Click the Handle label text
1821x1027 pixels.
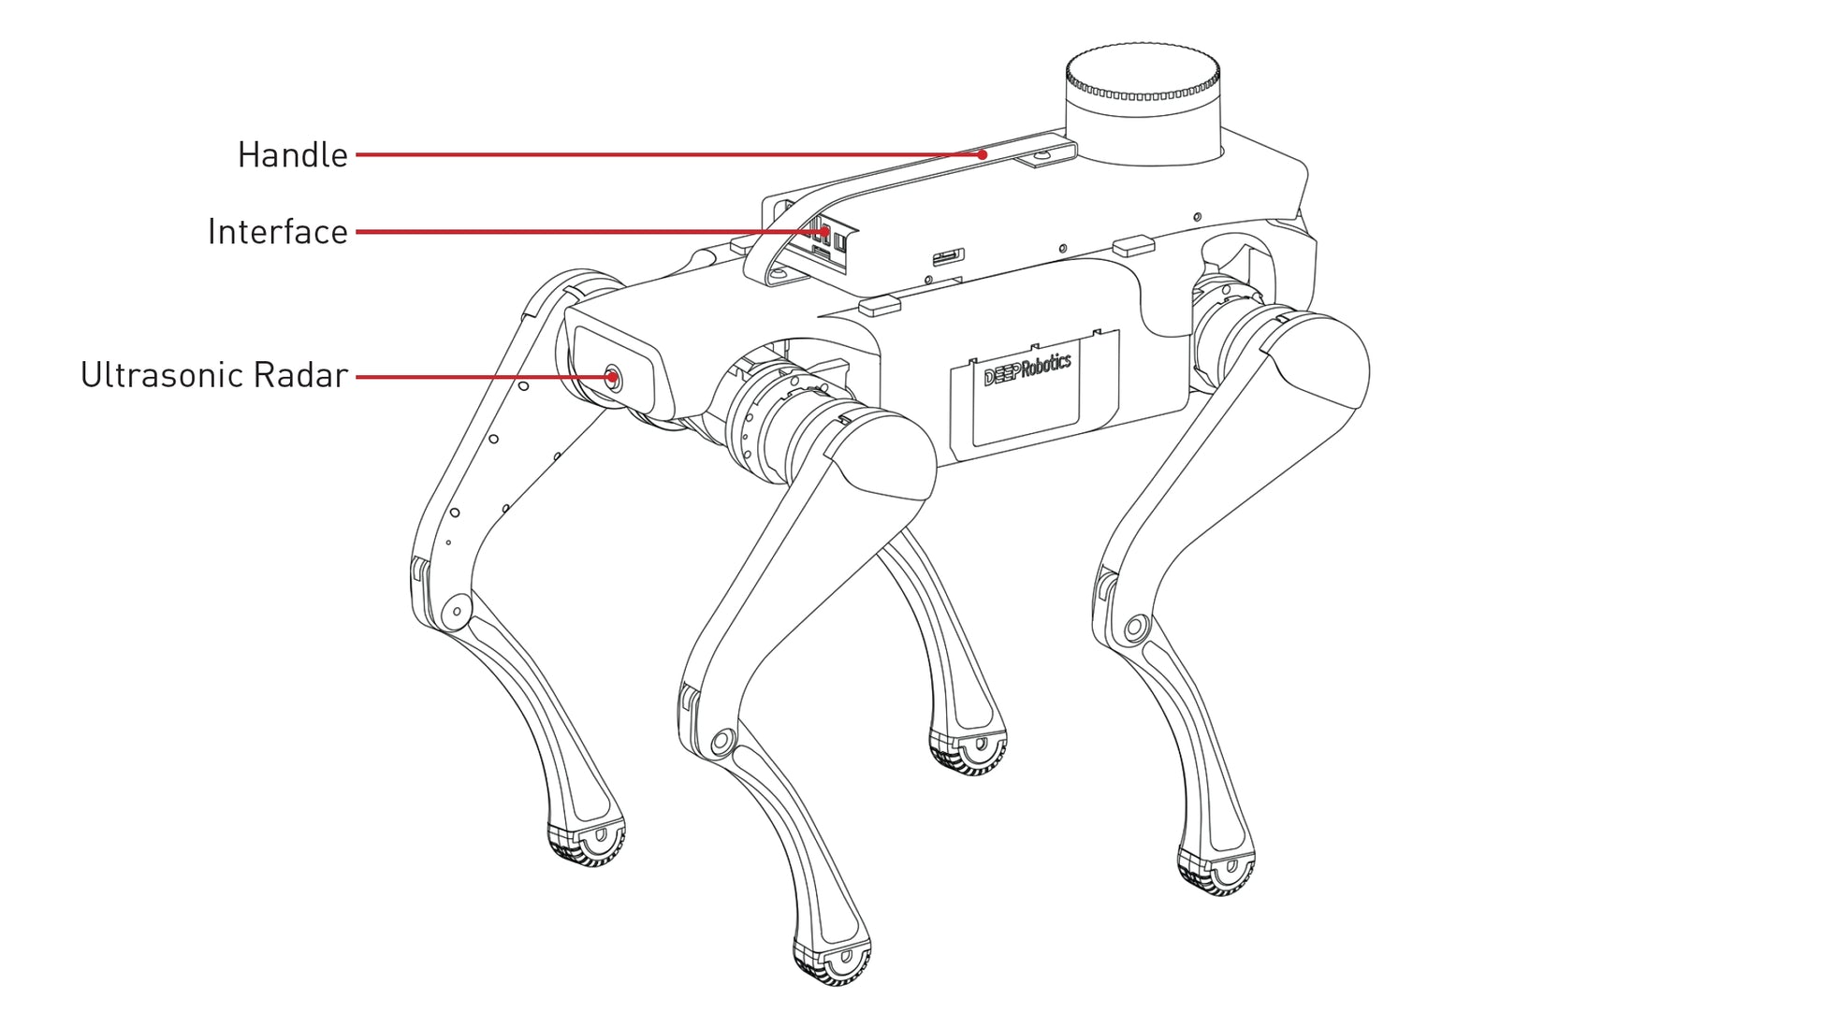click(x=292, y=155)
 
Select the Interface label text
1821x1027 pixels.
click(x=278, y=232)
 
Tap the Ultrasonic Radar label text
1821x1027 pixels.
click(x=214, y=375)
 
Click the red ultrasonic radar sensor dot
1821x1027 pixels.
click(x=612, y=378)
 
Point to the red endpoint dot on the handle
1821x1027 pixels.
click(x=982, y=155)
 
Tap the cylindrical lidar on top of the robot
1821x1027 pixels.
click(x=1143, y=105)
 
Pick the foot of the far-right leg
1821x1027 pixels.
click(x=1216, y=871)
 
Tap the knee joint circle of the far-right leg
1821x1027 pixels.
click(x=1136, y=627)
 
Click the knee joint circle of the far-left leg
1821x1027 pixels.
click(x=456, y=611)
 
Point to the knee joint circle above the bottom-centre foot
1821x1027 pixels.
click(x=721, y=743)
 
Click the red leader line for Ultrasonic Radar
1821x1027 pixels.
click(x=483, y=377)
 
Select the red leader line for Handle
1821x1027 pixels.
click(x=668, y=154)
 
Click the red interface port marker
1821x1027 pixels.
click(x=825, y=230)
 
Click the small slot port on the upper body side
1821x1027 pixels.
click(x=948, y=256)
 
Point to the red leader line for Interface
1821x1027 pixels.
click(x=590, y=231)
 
